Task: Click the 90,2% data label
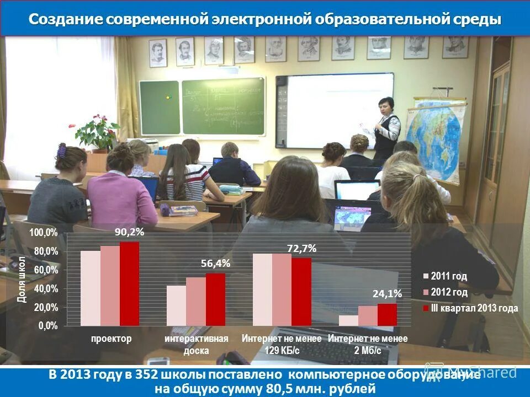[130, 232]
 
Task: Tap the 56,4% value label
[215, 264]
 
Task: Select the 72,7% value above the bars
[301, 249]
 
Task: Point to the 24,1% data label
[387, 294]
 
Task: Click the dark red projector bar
[130, 283]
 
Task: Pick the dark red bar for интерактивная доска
[215, 299]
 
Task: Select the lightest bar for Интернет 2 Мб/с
[348, 320]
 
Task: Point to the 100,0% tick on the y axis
[44, 233]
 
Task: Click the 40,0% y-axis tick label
[46, 288]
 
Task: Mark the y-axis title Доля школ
[22, 279]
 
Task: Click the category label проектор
[112, 339]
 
